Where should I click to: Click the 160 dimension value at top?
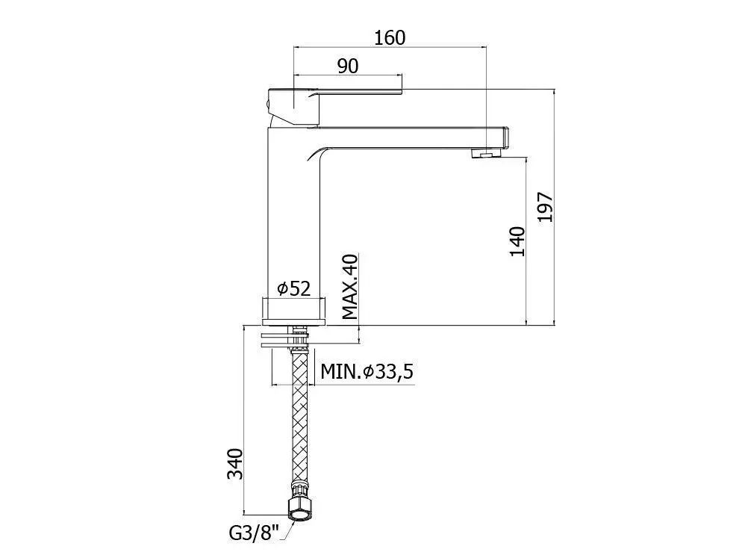coord(390,37)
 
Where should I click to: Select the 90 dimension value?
coord(348,66)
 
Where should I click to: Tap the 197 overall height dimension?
coord(546,207)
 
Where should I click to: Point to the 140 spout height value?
coord(517,241)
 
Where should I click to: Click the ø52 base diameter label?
coord(293,288)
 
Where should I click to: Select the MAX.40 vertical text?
coord(350,287)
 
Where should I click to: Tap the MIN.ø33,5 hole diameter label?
coord(367,371)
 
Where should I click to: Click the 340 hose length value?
coord(235,464)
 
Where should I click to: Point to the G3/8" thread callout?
coord(253,533)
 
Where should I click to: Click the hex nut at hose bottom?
coord(300,508)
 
